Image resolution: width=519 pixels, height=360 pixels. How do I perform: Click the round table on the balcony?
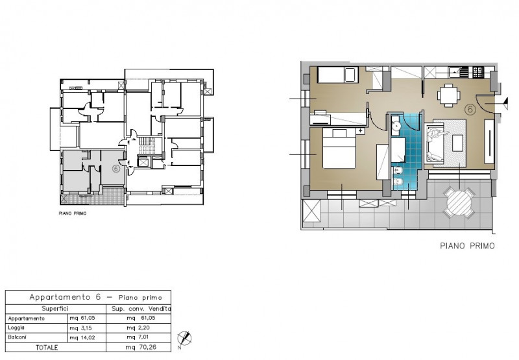click(x=459, y=202)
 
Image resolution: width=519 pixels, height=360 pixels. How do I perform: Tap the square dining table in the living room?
click(x=448, y=95)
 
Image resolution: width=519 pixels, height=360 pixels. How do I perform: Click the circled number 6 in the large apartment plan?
click(x=470, y=109)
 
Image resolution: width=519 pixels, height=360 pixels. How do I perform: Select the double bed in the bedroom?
click(x=339, y=149)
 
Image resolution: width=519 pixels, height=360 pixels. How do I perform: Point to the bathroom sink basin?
click(x=396, y=125)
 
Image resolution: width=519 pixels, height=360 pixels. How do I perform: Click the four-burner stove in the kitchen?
click(x=479, y=73)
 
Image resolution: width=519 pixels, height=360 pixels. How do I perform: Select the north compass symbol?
click(x=184, y=339)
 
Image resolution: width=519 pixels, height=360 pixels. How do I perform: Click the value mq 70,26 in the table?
click(x=141, y=347)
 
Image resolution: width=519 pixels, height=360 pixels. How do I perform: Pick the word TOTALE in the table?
click(x=47, y=348)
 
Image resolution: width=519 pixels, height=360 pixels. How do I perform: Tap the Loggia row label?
click(x=17, y=328)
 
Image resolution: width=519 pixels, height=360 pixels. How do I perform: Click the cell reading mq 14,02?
click(x=83, y=337)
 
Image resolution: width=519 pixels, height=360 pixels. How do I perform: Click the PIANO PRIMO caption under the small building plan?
click(x=73, y=213)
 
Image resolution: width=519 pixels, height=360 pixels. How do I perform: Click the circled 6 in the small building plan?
click(x=116, y=169)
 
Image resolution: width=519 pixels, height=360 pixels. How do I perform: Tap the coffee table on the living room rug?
click(x=457, y=143)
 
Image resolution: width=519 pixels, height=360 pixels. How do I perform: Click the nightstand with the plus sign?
click(x=361, y=131)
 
